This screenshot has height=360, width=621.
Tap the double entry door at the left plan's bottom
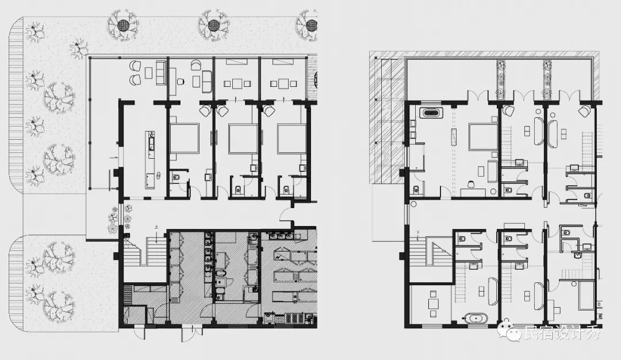191,334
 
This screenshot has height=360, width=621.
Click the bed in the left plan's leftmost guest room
184,138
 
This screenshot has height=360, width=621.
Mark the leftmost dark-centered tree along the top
124,25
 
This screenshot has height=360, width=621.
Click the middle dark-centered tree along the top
214,25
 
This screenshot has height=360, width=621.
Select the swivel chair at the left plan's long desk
181,82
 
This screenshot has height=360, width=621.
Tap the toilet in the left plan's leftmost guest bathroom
177,177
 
